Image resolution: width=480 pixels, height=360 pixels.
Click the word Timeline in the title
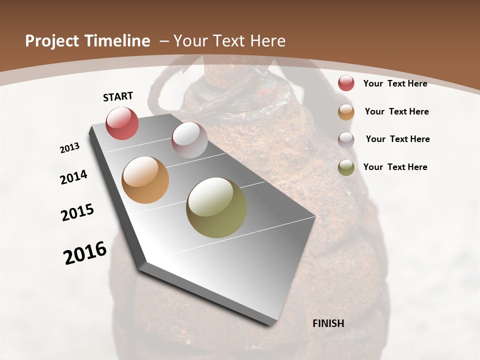pyautogui.click(x=121, y=41)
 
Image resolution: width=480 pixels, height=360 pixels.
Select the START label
pyautogui.click(x=118, y=96)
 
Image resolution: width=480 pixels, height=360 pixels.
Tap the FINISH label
pyautogui.click(x=328, y=323)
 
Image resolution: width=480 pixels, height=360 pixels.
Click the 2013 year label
pyautogui.click(x=69, y=148)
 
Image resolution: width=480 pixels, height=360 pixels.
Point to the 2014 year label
pyautogui.click(x=73, y=177)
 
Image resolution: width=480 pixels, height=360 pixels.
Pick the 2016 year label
pyautogui.click(x=85, y=253)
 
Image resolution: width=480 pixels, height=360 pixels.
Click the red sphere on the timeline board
pyautogui.click(x=122, y=123)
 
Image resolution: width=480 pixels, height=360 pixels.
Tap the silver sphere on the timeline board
pyautogui.click(x=189, y=139)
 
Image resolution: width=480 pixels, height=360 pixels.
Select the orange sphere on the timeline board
pyautogui.click(x=145, y=180)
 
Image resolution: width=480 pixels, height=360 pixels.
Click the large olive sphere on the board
pyautogui.click(x=216, y=207)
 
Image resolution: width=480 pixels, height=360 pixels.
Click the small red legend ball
pyautogui.click(x=346, y=83)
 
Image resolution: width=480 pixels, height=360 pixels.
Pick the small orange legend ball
pyautogui.click(x=346, y=112)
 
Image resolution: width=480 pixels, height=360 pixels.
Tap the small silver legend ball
pyautogui.click(x=346, y=140)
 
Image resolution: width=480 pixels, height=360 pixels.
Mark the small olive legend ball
pyautogui.click(x=346, y=167)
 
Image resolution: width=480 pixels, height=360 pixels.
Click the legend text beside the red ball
pyautogui.click(x=395, y=83)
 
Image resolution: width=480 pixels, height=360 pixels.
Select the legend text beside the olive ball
pyautogui.click(x=395, y=167)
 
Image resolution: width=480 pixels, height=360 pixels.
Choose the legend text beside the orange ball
pyautogui.click(x=396, y=111)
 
